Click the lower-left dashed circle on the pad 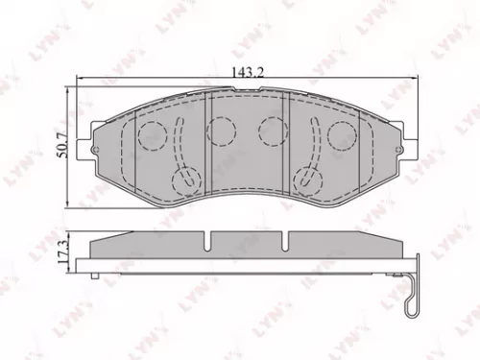(x=181, y=179)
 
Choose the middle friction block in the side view (x=247, y=246)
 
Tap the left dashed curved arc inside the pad (x=179, y=144)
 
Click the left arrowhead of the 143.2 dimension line (x=80, y=84)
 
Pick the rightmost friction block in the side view (x=346, y=246)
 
